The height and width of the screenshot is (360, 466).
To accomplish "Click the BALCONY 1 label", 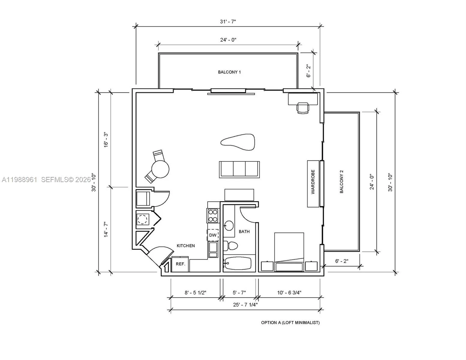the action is tap(229, 72).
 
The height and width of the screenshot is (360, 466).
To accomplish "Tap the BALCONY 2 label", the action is tap(341, 181).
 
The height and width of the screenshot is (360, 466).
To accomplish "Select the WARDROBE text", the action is tap(313, 182).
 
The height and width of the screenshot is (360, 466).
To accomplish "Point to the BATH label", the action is tap(244, 232).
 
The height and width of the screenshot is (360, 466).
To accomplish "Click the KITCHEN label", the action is tap(186, 246).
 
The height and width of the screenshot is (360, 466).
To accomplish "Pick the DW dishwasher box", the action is tap(213, 235).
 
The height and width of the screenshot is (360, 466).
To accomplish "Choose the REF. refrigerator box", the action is tap(180, 264).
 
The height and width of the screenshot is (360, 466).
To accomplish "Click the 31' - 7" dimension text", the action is tap(228, 22).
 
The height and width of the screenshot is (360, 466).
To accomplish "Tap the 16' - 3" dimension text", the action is tap(106, 140).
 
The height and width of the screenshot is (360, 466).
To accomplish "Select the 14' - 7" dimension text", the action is tap(106, 229).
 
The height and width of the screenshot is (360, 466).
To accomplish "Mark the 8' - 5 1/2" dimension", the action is tap(195, 293).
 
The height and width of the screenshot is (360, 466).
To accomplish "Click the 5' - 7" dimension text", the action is tap(239, 293).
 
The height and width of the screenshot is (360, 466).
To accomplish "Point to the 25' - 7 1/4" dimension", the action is tap(245, 305).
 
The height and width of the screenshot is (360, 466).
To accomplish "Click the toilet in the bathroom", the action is tap(230, 246).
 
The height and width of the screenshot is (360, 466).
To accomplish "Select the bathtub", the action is tap(237, 263).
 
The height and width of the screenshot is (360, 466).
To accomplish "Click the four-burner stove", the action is tap(213, 216).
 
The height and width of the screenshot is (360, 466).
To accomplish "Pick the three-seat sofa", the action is tap(239, 169).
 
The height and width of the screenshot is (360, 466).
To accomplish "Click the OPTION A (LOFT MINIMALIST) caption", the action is tap(290, 323).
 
